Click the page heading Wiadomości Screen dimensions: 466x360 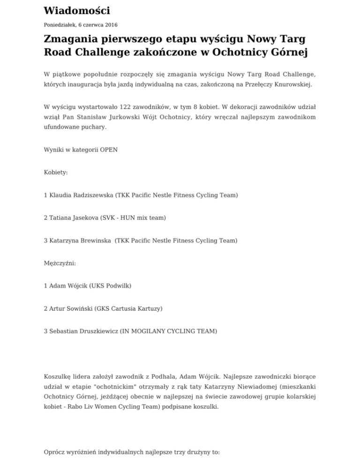77,10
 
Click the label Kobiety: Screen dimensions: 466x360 56,172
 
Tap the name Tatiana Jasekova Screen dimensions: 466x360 74,218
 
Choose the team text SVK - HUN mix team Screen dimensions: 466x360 135,218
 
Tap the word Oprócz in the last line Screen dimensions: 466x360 56,453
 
